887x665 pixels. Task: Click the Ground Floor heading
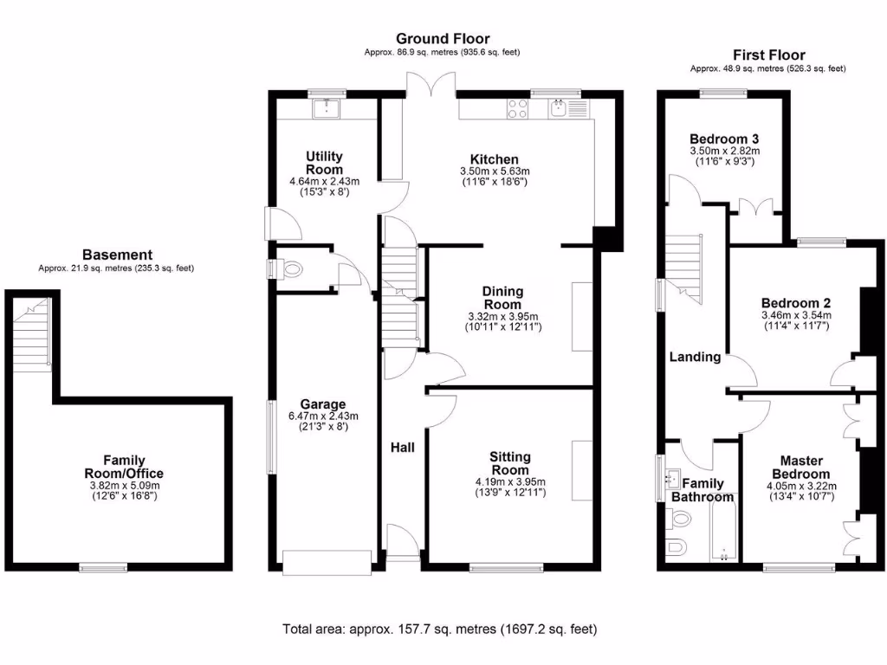point(443,39)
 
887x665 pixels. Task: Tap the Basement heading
point(117,255)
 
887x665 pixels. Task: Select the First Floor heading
point(768,55)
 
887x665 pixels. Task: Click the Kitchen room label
point(494,160)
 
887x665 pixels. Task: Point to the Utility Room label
point(324,163)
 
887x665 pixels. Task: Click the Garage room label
point(323,404)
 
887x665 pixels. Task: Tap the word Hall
point(402,448)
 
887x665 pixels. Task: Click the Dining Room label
point(503,298)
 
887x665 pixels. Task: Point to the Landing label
point(695,357)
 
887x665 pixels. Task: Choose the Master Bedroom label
point(800,468)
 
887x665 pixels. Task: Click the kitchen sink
point(559,108)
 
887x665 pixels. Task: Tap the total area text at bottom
point(439,629)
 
